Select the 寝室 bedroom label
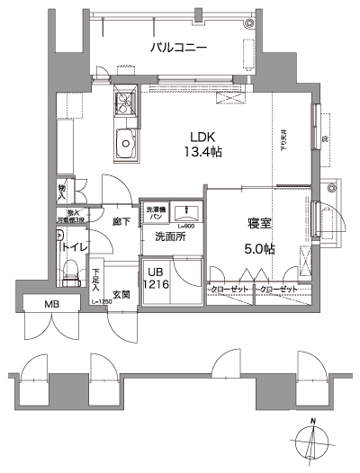[260, 223]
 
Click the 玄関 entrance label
[121, 294]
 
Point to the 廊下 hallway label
[121, 220]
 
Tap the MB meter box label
[54, 305]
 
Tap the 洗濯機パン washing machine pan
[155, 213]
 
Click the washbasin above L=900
[186, 211]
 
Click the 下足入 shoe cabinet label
[97, 276]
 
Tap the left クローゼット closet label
[229, 289]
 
